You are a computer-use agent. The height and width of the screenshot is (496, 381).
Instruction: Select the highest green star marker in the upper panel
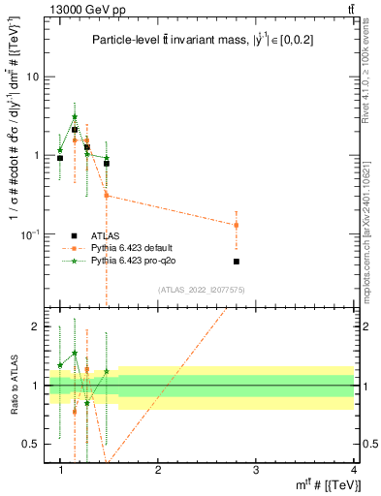pos(75,117)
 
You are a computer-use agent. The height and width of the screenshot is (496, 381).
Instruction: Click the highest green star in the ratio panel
pos(75,354)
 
